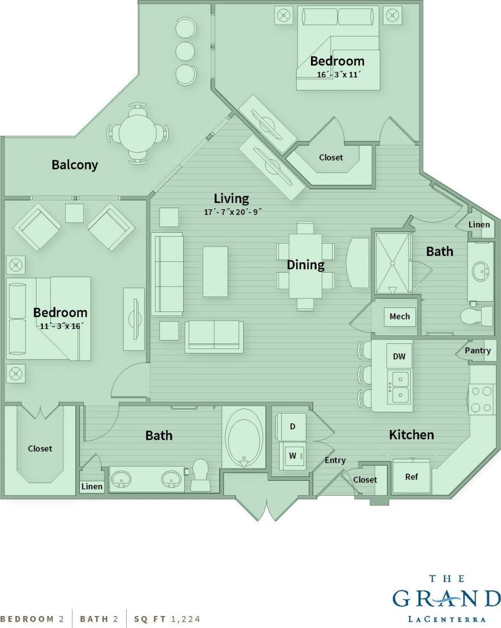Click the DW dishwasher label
(399, 356)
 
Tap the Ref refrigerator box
(411, 476)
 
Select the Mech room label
(399, 317)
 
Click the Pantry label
(478, 350)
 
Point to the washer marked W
(293, 456)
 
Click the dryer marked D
(293, 427)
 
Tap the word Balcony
(75, 165)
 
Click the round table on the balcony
(138, 134)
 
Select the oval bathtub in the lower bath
(244, 438)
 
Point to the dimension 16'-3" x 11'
(340, 74)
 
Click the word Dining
(305, 265)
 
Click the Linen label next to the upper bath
(479, 225)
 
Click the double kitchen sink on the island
(399, 386)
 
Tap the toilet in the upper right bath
(477, 315)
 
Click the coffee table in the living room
(215, 272)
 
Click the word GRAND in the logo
(446, 599)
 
